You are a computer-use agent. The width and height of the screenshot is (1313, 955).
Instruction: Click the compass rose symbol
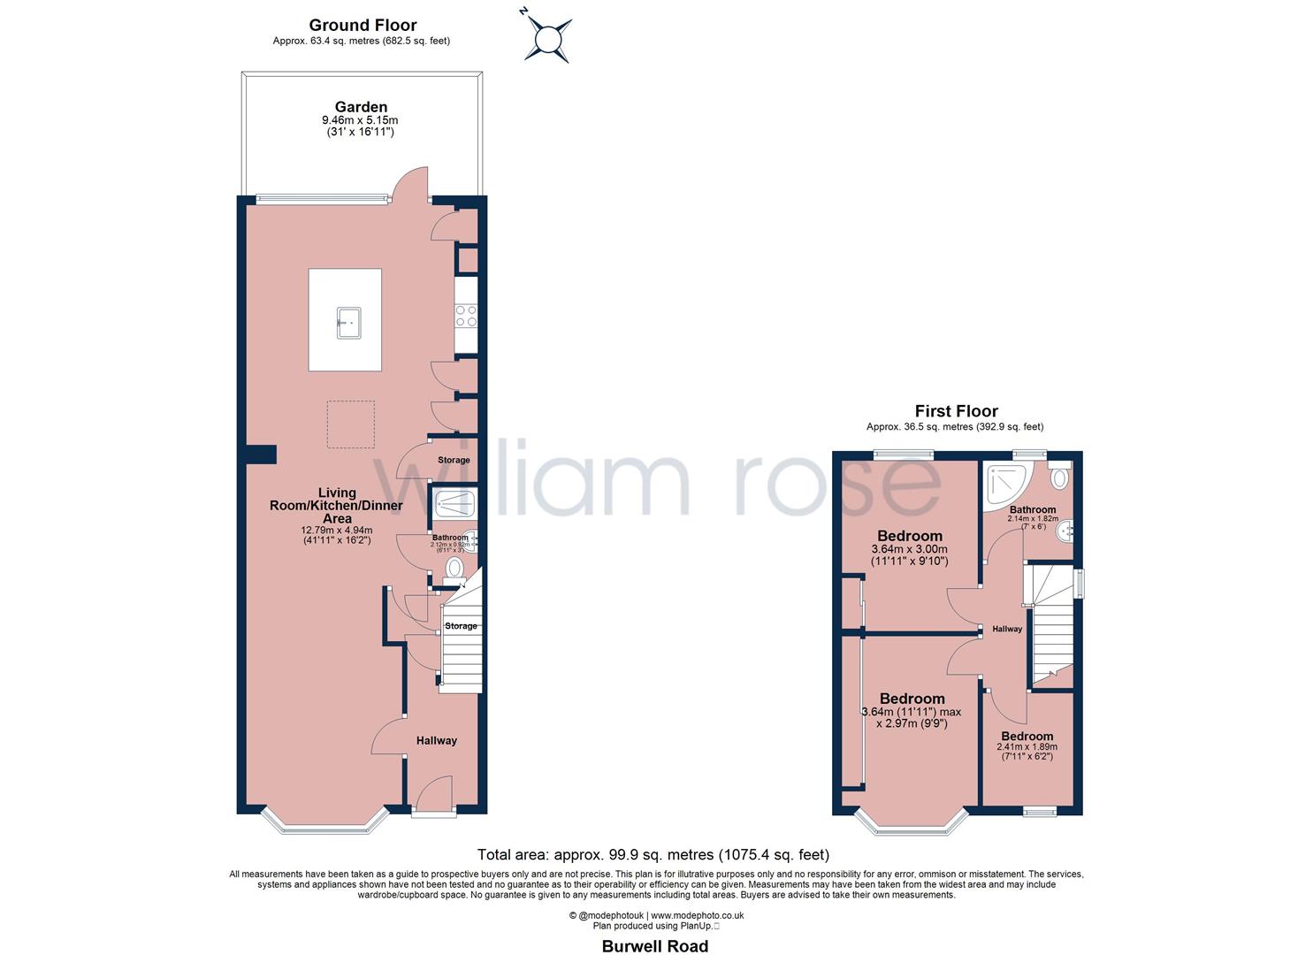547,38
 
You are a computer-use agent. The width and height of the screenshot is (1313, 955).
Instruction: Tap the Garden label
361,107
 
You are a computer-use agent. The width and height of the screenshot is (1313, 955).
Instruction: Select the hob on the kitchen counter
466,316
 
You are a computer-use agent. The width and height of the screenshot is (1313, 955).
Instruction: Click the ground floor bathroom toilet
455,568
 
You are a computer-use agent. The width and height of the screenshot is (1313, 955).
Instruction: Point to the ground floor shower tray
454,505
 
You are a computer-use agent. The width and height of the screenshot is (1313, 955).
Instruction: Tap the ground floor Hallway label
437,740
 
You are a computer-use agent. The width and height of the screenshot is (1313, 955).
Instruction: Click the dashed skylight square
351,424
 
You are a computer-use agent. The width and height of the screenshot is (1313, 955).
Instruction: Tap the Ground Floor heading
363,26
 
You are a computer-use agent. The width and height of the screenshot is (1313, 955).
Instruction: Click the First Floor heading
956,411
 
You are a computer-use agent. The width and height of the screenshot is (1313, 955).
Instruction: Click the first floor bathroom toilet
1059,477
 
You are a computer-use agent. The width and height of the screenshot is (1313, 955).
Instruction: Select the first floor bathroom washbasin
1068,531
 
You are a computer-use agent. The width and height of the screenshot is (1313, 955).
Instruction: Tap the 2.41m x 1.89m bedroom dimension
1027,746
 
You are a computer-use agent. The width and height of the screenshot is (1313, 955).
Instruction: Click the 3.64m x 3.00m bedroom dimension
910,549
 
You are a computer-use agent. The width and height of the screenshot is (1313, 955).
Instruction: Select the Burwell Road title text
655,946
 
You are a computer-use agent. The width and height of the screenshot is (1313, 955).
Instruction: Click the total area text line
653,854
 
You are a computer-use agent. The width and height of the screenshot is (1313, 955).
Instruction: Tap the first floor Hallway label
1007,629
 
